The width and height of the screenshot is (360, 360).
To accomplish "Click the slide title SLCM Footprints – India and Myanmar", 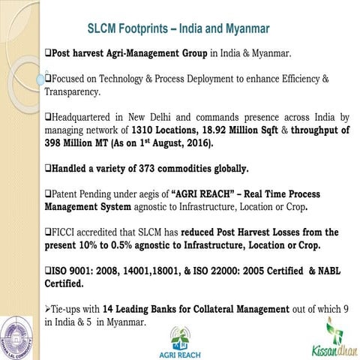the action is (178, 30).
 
